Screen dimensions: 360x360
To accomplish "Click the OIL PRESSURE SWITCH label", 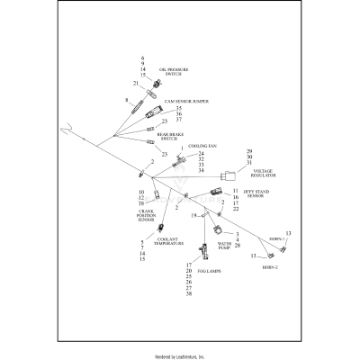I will click(x=175, y=70).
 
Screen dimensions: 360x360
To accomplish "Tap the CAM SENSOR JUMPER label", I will click(x=188, y=102).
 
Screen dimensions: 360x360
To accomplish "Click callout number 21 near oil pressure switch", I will click(x=136, y=84).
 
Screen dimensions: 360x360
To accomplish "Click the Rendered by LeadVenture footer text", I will click(x=180, y=355).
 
